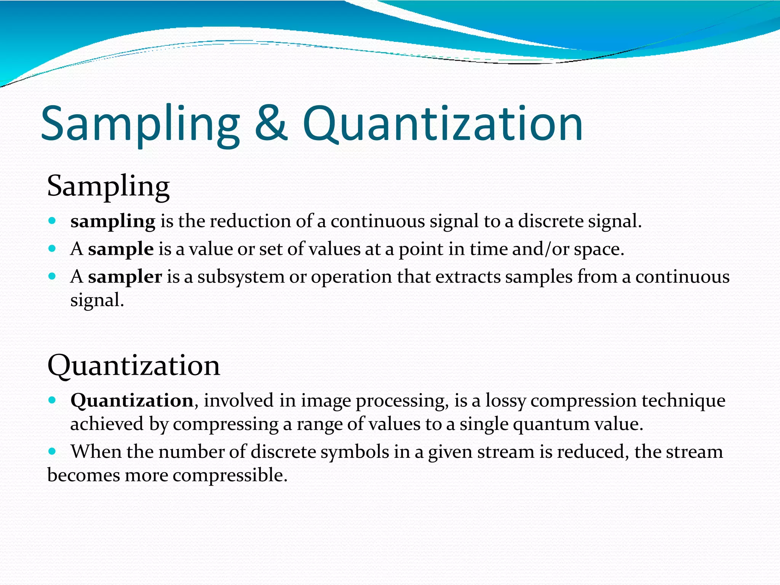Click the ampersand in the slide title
271,123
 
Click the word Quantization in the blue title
443,123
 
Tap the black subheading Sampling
108,186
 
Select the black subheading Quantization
134,365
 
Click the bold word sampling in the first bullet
113,221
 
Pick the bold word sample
121,249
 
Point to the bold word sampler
125,277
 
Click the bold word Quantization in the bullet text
132,400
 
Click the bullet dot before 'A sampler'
53,276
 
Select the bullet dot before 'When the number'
53,451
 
